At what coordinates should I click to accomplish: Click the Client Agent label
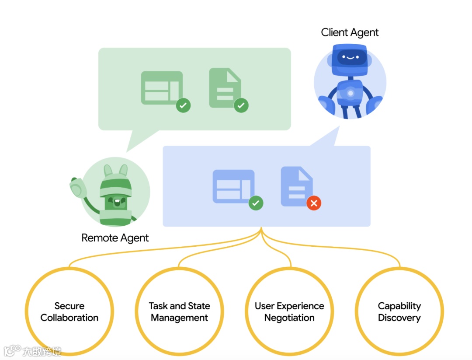coord(350,32)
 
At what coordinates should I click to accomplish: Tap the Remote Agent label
coord(115,238)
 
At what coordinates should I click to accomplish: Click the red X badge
coord(314,203)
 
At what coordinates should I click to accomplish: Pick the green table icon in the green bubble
coord(162,87)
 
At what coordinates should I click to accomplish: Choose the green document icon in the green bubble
coord(225,87)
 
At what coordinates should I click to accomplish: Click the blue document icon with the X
coord(296,185)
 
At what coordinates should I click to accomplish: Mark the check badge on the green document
coord(241,105)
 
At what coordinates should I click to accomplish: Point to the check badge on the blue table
coord(256,203)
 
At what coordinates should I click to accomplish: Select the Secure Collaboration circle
coord(69,311)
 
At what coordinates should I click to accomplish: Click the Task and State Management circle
coord(179,311)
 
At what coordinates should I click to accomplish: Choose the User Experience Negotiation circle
coord(289,311)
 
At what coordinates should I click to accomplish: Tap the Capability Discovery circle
coord(399,311)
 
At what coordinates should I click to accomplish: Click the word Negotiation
coord(289,318)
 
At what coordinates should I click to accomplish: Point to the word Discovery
coord(399,318)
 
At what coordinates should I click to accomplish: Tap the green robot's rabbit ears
coord(115,171)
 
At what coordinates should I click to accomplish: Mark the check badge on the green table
coord(183,105)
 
